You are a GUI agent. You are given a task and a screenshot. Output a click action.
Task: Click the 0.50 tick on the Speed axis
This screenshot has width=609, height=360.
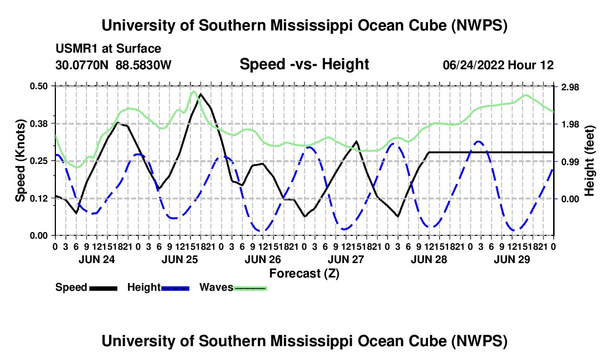[38, 86]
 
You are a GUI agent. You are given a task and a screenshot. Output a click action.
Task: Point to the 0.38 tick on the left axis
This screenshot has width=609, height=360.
[38, 124]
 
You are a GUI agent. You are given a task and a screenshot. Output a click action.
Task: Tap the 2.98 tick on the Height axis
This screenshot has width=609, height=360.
[570, 87]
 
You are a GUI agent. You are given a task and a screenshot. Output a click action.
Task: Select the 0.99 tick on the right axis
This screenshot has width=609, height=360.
[570, 162]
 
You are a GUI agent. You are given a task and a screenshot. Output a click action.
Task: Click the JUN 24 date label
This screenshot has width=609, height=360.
[97, 259]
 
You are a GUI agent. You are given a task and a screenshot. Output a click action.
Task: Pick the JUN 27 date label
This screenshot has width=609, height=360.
[345, 259]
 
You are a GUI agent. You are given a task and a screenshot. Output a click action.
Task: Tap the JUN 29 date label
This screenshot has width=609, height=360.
[512, 259]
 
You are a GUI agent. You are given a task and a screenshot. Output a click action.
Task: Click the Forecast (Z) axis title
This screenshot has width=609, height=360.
[304, 274]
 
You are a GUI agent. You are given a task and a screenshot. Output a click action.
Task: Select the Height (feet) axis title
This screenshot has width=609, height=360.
[589, 161]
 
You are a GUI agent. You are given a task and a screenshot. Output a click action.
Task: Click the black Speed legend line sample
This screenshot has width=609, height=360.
[104, 288]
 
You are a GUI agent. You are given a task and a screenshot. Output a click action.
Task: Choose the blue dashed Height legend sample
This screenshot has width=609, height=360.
[175, 288]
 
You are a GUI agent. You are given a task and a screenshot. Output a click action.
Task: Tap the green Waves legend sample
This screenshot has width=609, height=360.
[250, 288]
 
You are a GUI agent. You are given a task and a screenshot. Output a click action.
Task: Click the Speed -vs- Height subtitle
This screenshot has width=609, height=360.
[304, 64]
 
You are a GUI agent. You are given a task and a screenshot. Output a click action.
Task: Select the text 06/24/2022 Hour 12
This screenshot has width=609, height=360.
[498, 65]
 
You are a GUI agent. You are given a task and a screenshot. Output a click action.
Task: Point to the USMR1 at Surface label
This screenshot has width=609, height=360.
[109, 49]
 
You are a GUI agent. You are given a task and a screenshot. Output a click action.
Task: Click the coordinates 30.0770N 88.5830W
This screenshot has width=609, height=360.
[113, 65]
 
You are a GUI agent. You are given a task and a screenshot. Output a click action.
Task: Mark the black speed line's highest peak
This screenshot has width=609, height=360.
[200, 94]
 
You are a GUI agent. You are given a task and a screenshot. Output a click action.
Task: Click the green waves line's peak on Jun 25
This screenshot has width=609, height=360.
[193, 91]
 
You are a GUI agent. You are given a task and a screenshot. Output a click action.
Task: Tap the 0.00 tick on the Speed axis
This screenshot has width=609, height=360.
[38, 236]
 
